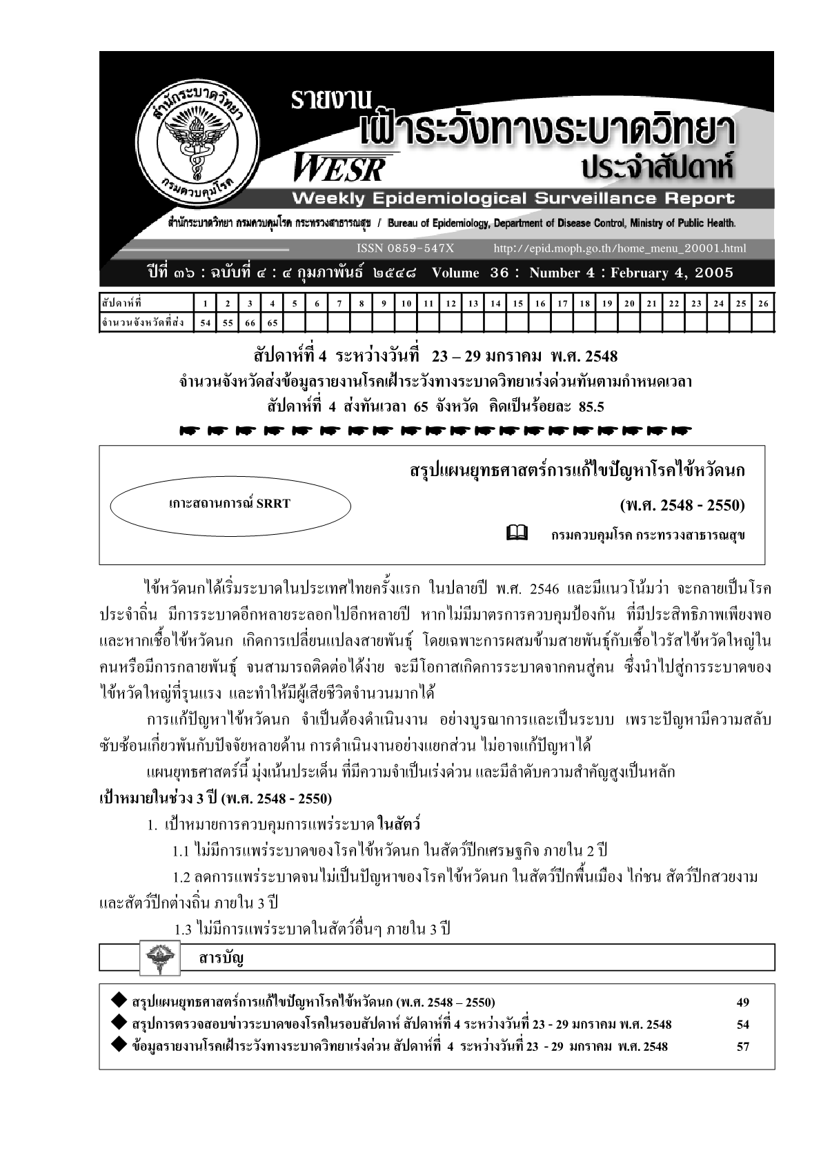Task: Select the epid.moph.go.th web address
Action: pos(620,248)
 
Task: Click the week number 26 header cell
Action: pos(762,304)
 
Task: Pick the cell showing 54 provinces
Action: pos(206,322)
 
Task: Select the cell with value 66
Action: pos(250,322)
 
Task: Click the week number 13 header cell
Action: pos(473,304)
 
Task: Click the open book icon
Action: pos(517,533)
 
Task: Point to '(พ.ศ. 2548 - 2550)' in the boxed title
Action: pos(682,505)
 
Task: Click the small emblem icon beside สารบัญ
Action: pos(160,958)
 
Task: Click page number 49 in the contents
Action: pos(742,1003)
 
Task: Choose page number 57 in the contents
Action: pos(742,1047)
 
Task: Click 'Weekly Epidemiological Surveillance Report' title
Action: pos(513,199)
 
